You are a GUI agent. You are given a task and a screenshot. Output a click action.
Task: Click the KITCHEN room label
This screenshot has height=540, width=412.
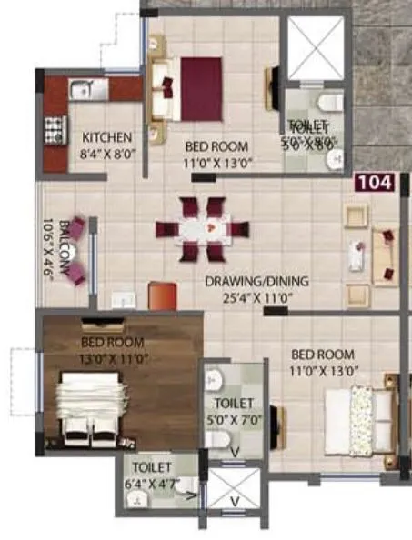tap(107, 137)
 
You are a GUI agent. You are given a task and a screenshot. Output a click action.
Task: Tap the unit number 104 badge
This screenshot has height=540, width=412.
tap(375, 182)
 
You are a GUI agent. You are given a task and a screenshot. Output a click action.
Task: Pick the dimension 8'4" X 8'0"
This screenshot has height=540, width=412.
tap(107, 154)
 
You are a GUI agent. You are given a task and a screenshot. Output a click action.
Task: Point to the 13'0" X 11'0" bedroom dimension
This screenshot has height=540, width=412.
tap(113, 357)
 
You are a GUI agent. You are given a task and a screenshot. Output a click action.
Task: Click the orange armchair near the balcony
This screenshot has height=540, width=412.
tap(162, 295)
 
